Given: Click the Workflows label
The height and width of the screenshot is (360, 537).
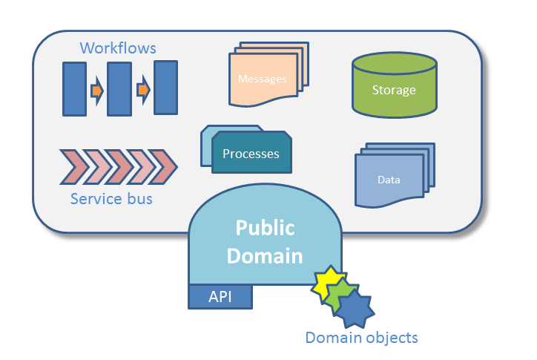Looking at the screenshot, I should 118,48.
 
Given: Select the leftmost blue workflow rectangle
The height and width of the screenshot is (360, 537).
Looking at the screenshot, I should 74,89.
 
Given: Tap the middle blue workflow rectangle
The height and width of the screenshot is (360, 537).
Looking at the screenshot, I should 119,89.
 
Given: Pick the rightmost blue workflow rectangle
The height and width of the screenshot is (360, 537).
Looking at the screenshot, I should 165,88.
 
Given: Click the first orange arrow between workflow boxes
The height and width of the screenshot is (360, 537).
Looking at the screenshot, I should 96,91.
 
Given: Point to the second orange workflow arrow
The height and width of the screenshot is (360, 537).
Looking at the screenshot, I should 143,91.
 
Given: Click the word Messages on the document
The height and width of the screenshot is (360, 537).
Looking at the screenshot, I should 262,79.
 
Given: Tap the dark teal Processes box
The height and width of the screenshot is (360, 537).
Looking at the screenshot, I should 251,154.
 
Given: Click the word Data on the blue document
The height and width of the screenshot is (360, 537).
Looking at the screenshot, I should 389,180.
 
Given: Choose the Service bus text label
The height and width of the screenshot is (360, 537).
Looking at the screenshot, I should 111,199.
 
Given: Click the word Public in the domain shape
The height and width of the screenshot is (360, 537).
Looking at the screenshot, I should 265,228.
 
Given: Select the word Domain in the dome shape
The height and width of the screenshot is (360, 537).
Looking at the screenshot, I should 265,256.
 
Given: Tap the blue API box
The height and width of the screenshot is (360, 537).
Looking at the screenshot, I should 220,296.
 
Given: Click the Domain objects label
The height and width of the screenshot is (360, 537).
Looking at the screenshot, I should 361,338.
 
